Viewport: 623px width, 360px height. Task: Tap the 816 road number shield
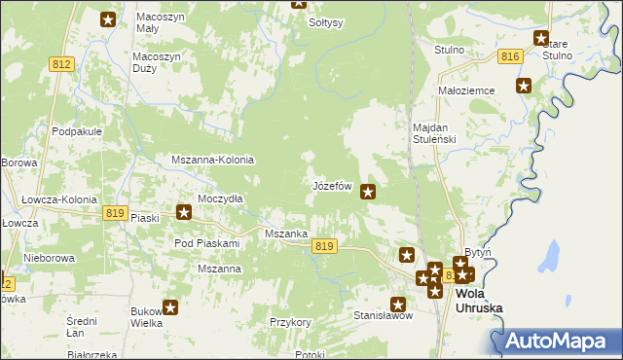tap(509, 57)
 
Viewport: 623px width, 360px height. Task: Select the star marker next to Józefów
tap(368, 192)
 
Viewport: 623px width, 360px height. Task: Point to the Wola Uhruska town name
tap(479, 301)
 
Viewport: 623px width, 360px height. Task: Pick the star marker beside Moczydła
tap(183, 211)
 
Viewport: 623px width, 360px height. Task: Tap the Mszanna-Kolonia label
tap(212, 160)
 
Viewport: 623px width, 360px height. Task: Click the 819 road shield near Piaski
tap(115, 213)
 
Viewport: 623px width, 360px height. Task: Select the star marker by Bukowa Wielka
tap(170, 308)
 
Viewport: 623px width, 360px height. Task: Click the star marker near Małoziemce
tap(524, 86)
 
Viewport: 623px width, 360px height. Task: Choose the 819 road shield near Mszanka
tap(325, 247)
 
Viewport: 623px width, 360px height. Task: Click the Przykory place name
tap(290, 321)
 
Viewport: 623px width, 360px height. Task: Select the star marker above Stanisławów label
tap(398, 303)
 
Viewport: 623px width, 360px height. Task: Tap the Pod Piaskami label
tap(206, 243)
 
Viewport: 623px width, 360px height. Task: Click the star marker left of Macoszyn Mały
tap(108, 18)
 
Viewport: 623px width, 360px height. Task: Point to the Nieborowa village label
tap(51, 260)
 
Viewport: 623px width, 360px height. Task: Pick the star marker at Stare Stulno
tap(541, 38)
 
